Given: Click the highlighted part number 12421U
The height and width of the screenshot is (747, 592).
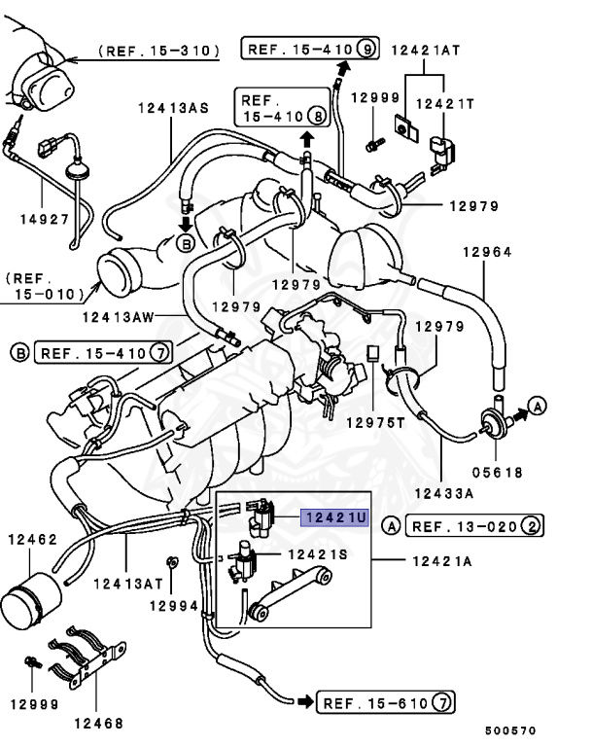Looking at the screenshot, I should coord(335,518).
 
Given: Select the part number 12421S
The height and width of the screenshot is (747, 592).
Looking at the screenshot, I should coord(317,553).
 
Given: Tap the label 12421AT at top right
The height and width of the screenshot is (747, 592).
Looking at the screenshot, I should coord(426,50).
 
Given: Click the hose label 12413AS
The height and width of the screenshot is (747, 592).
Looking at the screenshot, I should coord(173,110).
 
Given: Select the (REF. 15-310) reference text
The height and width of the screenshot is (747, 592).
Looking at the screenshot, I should coord(160,50).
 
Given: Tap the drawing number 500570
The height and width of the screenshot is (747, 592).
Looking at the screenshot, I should coord(510,730).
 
